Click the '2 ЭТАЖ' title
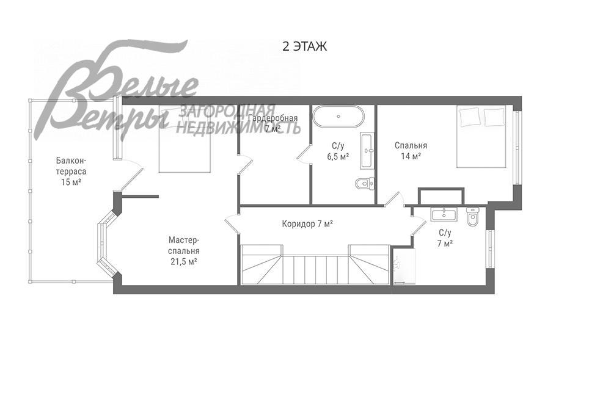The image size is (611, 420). point(304,47)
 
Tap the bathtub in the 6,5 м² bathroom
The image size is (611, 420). point(338,116)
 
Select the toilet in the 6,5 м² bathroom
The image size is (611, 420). point(365,183)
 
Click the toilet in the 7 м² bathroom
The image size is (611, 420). point(472,216)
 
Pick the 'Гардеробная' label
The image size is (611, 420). point(273,118)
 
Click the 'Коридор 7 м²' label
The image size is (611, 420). point(307,224)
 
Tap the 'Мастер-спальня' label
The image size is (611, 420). point(184,245)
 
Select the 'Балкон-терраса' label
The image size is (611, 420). point(71,166)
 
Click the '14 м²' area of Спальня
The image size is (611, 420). point(411,156)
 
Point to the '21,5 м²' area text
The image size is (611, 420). point(183,261)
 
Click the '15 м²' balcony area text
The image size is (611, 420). point(71,182)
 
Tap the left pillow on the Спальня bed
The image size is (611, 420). point(470,117)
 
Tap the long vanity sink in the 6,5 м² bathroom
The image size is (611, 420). point(367,150)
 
